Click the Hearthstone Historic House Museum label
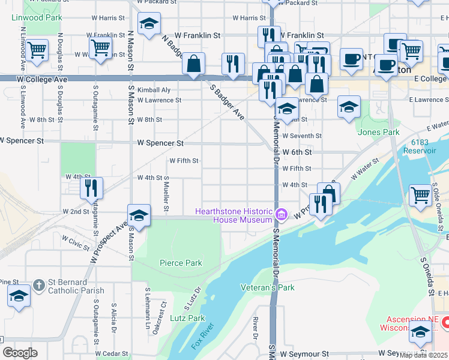coord(234,215)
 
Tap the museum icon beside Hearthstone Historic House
coord(281,213)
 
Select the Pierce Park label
coord(181,263)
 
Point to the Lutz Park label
coord(187,318)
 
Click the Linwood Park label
coord(37,18)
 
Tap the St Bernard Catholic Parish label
coord(66,286)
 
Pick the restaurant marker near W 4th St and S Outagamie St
coord(91,187)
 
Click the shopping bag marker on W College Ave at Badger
coord(194,64)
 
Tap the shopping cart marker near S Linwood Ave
coord(37,50)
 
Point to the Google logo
coord(20,352)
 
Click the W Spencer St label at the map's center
coord(160,143)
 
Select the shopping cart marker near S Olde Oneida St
coord(420,194)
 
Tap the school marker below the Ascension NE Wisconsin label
coord(420,331)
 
